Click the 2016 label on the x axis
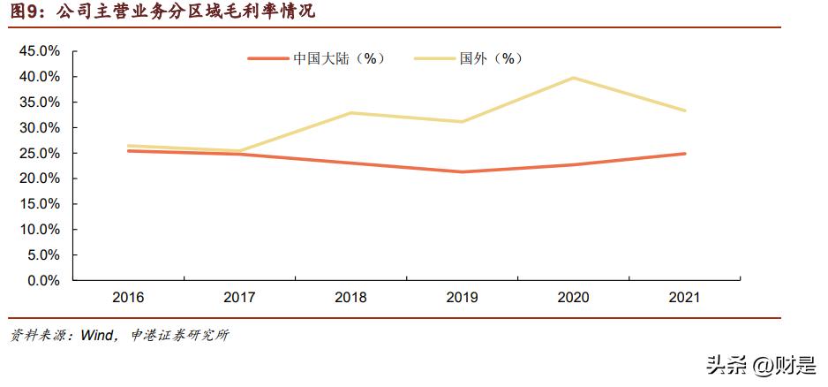click(x=129, y=298)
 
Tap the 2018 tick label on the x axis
click(x=350, y=298)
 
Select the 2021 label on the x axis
click(x=684, y=298)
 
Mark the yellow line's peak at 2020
click(x=573, y=78)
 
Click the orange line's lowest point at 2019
click(x=462, y=171)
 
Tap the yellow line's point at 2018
click(x=350, y=113)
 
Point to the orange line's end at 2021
click(x=684, y=154)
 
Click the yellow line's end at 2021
click(x=684, y=110)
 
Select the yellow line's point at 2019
click(x=462, y=122)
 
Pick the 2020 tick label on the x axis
click(x=573, y=298)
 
